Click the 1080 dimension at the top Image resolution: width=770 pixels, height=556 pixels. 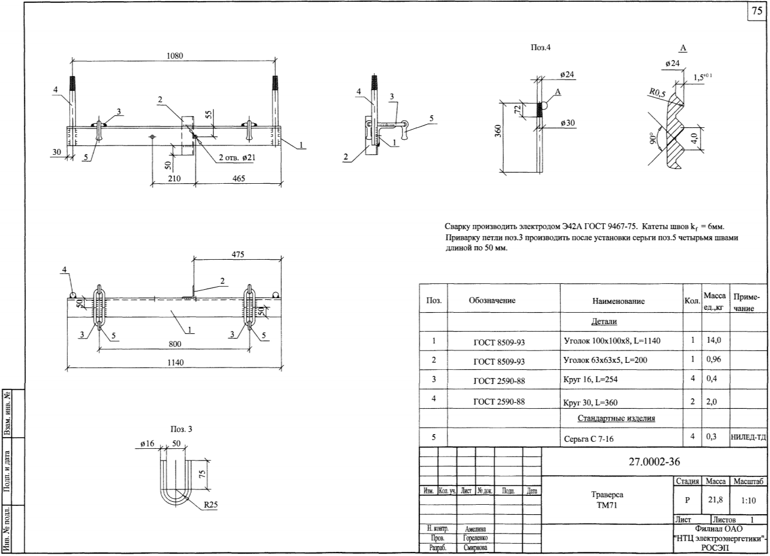(x=174, y=56)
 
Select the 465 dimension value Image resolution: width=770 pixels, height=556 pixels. (x=239, y=178)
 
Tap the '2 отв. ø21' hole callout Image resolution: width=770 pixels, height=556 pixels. (x=237, y=157)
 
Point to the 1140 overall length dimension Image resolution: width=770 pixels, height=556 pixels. (x=176, y=362)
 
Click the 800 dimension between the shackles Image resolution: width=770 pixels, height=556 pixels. (x=175, y=344)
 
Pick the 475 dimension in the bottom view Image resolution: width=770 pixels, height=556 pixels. (x=238, y=254)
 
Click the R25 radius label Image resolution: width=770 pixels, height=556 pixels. (x=211, y=504)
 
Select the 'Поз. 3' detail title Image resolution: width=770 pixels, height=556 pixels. (x=181, y=429)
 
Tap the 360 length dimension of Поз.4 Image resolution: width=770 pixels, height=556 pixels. (x=498, y=131)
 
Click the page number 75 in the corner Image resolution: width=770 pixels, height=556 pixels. (x=757, y=11)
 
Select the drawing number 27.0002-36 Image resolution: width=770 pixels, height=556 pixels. (x=655, y=462)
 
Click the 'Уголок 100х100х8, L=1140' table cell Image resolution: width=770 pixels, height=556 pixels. (x=612, y=341)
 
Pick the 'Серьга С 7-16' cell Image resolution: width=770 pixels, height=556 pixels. (x=589, y=439)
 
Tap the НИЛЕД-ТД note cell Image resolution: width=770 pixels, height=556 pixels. (x=748, y=437)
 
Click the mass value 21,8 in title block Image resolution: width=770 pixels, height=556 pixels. (x=715, y=499)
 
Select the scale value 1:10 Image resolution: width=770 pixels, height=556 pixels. (x=748, y=500)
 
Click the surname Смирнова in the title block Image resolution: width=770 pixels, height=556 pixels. (x=475, y=547)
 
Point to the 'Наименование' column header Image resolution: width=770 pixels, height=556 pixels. (x=618, y=301)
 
